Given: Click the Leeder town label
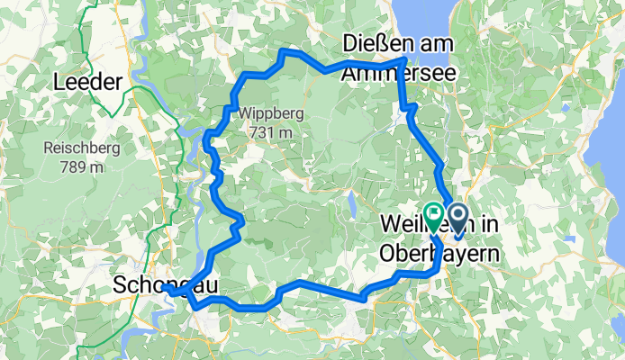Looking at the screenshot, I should (87, 82).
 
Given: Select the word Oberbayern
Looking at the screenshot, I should (441, 254).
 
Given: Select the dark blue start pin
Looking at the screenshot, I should (457, 217).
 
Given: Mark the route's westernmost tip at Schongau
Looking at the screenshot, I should (167, 291).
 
